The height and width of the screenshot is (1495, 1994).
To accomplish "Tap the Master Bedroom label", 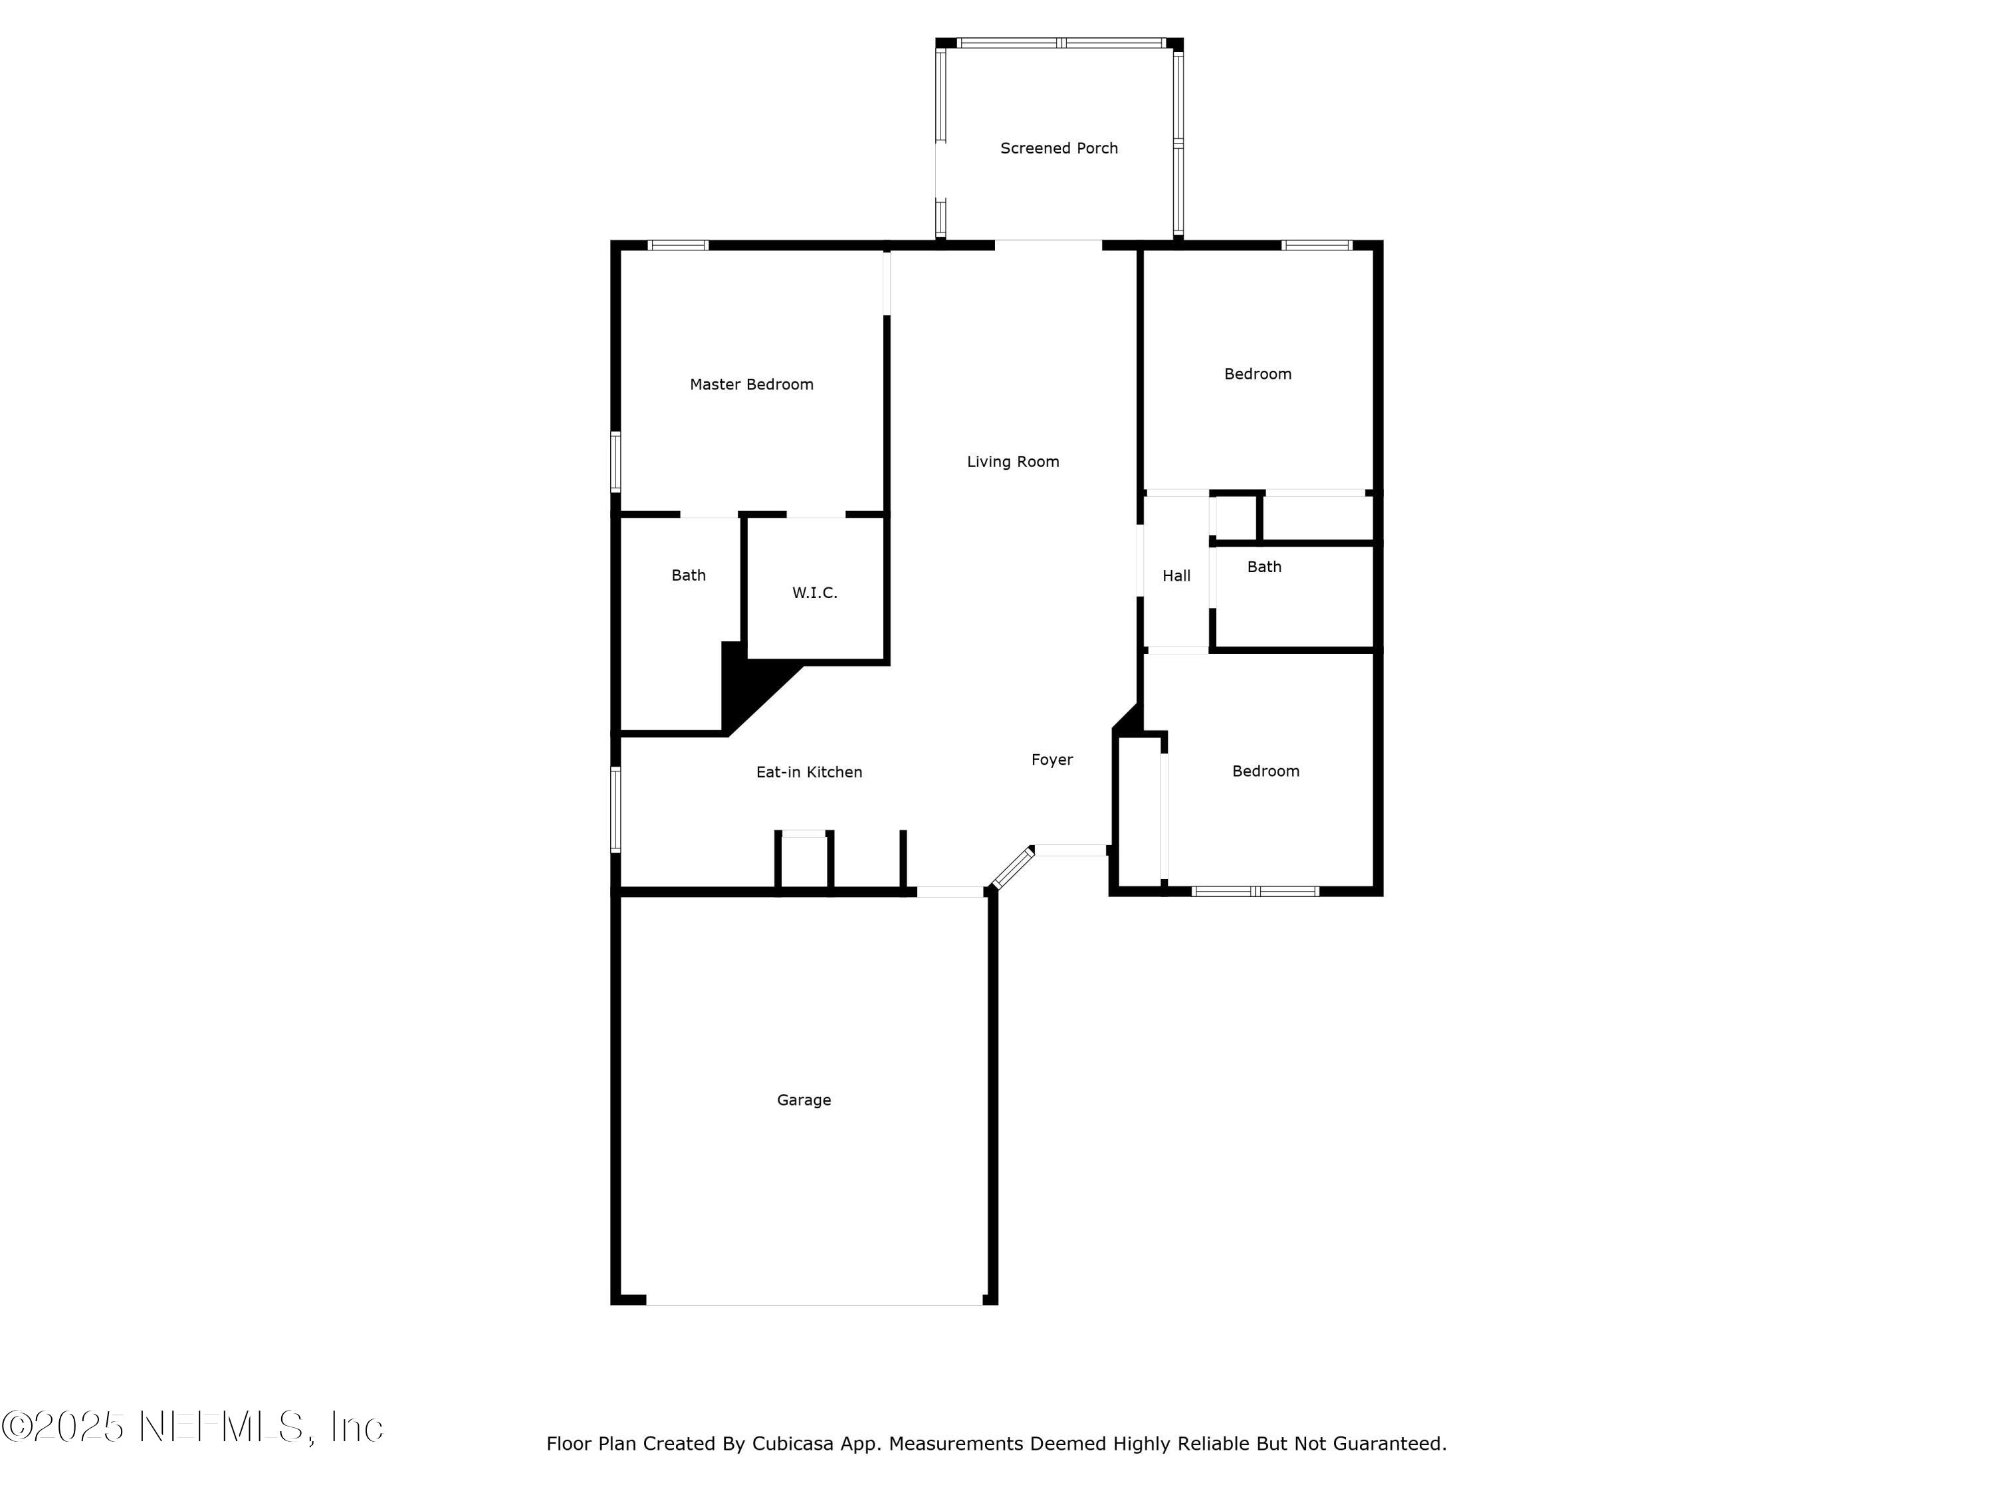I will pyautogui.click(x=751, y=385).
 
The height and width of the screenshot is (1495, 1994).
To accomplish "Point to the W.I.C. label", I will pyautogui.click(x=814, y=593).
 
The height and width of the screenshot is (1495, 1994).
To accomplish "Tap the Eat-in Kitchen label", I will pyautogui.click(x=809, y=772).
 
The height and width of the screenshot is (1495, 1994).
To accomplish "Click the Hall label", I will pyautogui.click(x=1176, y=577).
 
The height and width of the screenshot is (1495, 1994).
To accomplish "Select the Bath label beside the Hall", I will pyautogui.click(x=1264, y=567).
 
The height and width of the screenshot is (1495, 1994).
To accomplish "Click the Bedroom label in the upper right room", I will pyautogui.click(x=1257, y=374).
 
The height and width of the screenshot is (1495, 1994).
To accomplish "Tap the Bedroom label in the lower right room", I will pyautogui.click(x=1265, y=771).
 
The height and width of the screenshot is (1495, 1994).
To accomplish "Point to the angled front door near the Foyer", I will pyautogui.click(x=1012, y=868).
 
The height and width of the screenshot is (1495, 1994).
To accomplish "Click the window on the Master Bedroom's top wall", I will pyautogui.click(x=678, y=245).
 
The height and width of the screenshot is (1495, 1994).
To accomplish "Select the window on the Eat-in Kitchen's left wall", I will pyautogui.click(x=615, y=809).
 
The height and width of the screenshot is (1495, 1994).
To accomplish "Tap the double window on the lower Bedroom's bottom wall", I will pyautogui.click(x=1255, y=891).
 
